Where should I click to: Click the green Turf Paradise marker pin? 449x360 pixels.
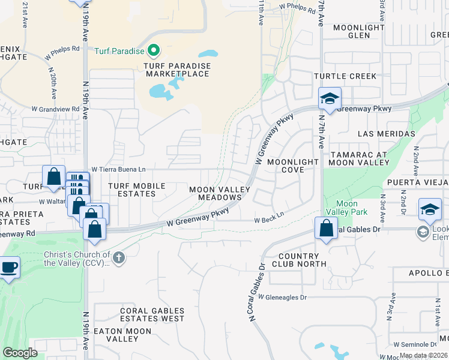click(x=152, y=50)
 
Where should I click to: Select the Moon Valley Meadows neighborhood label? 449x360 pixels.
click(x=220, y=193)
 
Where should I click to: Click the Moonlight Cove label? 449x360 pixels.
click(x=286, y=166)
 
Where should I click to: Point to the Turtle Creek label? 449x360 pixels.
click(x=345, y=76)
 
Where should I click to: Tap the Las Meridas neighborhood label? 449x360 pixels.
click(x=386, y=133)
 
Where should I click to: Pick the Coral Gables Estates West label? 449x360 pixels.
click(x=152, y=314)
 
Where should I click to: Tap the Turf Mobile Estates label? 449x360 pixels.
click(x=140, y=190)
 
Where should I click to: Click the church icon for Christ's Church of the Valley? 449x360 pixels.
click(x=119, y=258)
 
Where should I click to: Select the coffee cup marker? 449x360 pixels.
click(x=8, y=268)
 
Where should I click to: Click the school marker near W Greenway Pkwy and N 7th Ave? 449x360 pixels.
click(x=329, y=99)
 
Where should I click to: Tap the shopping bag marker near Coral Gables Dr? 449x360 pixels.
click(x=325, y=229)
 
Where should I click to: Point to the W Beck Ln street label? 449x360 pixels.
click(x=268, y=220)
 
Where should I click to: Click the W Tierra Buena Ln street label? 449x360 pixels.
click(x=118, y=170)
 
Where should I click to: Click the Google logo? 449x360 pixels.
click(x=20, y=352)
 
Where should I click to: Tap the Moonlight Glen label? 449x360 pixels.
click(x=358, y=31)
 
